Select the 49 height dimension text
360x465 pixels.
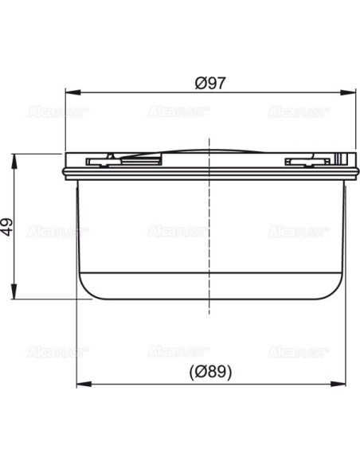coord(9,227)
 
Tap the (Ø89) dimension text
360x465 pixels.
coord(208,372)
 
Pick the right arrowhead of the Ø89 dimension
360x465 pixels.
coord(336,383)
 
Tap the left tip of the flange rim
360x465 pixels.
coord(64,170)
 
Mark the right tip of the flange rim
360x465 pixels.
coord(353,170)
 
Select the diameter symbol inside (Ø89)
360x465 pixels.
coord(199,372)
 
